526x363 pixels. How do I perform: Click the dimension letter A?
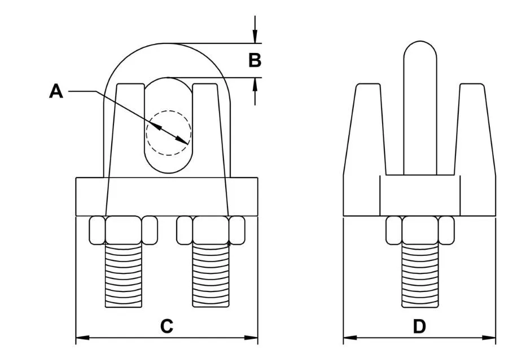coord(56,91)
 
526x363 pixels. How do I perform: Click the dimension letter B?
coord(255,60)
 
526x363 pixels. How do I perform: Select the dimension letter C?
coord(166,326)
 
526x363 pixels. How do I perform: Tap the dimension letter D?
coord(419,326)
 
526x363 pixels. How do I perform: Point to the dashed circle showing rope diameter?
coord(168,132)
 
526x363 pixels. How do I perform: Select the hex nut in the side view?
coord(419,230)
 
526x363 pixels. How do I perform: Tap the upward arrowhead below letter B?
coord(256,83)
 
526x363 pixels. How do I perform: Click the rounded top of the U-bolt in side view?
coord(420,51)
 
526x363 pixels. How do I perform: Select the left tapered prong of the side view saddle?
coord(364,130)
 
